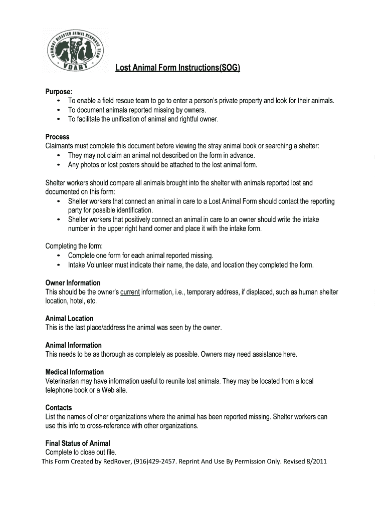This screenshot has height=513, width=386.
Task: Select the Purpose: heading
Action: coord(59,92)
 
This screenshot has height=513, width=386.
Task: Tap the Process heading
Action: coord(58,137)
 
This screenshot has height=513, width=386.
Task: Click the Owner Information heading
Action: coord(73,283)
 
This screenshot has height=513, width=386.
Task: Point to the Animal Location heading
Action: coord(69,319)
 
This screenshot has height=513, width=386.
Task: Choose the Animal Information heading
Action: coord(73,345)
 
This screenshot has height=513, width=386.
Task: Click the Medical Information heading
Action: coord(75,372)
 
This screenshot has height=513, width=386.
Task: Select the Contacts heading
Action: coord(59,408)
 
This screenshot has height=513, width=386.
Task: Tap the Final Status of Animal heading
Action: coord(78,443)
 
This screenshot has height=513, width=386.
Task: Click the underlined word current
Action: coord(130,292)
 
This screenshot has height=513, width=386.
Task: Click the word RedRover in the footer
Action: coord(116,461)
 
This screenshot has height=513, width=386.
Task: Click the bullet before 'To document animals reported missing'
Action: coord(60,110)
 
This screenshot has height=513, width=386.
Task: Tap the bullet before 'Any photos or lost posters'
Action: coord(60,165)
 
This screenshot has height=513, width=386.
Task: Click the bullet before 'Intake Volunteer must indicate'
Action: coord(60,265)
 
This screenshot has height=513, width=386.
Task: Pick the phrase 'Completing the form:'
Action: coord(74,246)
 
